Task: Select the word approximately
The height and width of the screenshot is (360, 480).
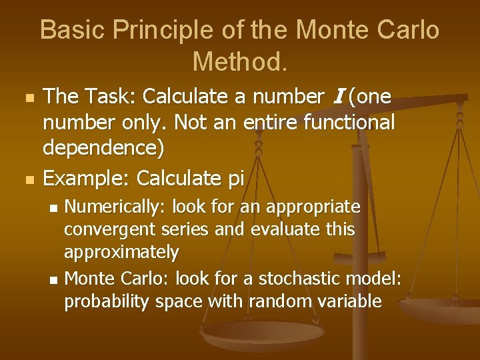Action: [x=121, y=253]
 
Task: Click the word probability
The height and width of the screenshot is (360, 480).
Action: [x=106, y=301]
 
